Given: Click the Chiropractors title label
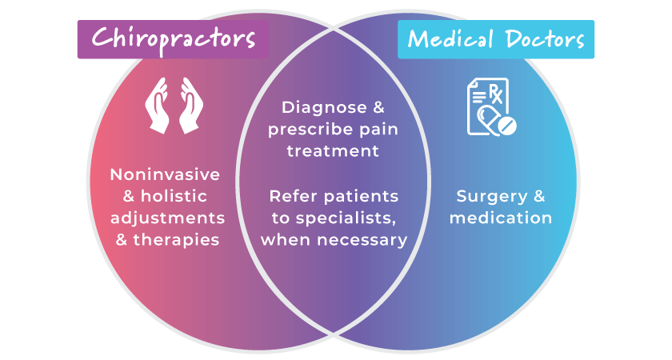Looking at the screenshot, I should [x=173, y=38].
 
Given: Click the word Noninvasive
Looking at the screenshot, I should [x=165, y=175].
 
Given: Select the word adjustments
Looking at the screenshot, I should [x=167, y=218].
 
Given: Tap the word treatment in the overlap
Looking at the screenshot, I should [x=334, y=150].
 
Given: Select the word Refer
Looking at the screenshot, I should [x=289, y=197].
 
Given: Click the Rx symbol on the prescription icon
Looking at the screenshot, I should [x=494, y=94].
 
